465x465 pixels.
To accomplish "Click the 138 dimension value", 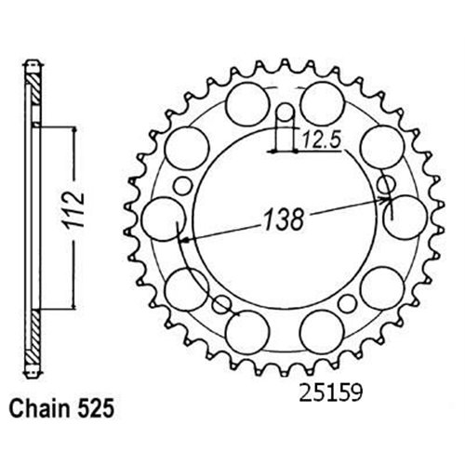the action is click(284, 219).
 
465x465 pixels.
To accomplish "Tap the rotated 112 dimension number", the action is click(74, 210).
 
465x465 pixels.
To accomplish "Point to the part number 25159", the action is click(330, 393).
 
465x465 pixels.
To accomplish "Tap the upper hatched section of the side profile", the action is click(35, 89).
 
